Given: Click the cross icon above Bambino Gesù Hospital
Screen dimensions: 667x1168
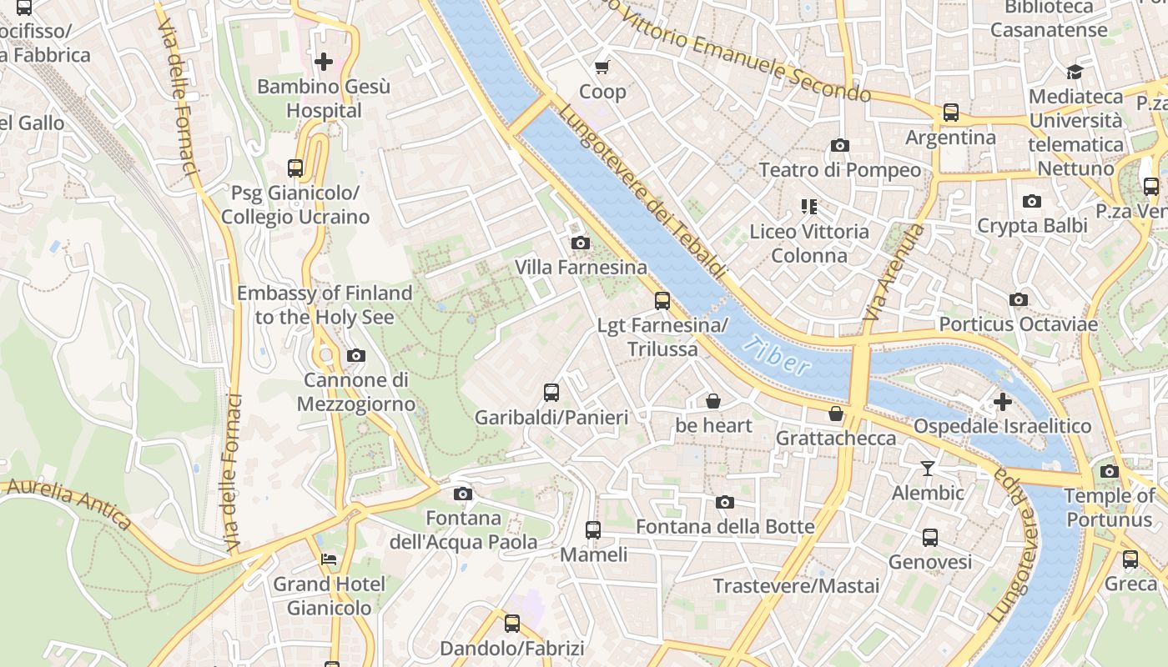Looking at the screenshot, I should (324, 61).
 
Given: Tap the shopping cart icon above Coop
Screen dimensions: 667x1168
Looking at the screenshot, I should (602, 67).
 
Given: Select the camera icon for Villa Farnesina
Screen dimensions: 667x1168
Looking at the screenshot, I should (580, 243).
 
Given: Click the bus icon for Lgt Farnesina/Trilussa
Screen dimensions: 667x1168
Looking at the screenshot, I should (662, 300).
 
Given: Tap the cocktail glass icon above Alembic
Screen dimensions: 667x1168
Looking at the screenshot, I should (927, 468).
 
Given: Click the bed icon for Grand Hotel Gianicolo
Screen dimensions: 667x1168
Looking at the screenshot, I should (329, 559).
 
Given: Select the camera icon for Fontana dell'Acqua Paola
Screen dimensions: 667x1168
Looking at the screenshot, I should (463, 494).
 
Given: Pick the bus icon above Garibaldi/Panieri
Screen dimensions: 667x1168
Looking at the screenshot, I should (551, 392).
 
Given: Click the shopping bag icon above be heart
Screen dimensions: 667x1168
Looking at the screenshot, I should (713, 401).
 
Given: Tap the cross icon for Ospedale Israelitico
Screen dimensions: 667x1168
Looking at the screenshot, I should (1002, 402).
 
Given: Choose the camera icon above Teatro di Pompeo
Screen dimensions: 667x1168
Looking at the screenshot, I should (840, 145).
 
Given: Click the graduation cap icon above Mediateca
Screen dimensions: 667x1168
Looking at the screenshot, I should (1075, 72).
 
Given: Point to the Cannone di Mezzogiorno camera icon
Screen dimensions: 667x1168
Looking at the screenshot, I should (356, 355).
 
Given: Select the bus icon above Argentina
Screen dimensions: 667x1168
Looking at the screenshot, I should (950, 112).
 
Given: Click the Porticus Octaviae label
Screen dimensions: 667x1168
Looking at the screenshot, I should (1018, 323).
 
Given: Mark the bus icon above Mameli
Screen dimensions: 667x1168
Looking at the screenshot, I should (592, 529).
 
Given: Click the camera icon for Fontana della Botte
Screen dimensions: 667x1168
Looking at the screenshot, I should (725, 502).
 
